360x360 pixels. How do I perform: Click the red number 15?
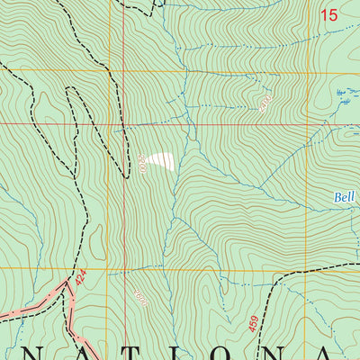(x=329, y=14)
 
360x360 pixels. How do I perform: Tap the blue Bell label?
(x=346, y=194)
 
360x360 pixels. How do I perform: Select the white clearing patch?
(x=162, y=160)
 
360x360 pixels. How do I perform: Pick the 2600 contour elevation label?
(x=138, y=299)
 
